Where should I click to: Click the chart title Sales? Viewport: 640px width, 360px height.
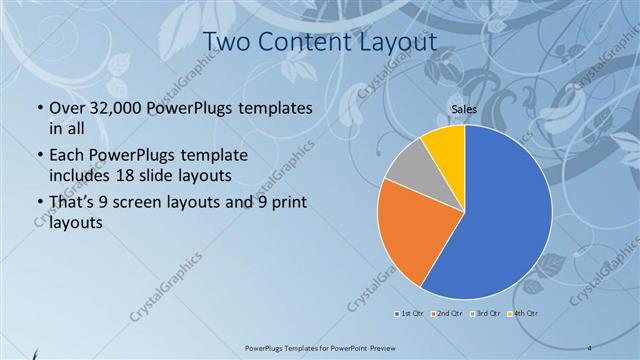pyautogui.click(x=464, y=109)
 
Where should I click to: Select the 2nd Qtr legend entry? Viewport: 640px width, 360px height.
pyautogui.click(x=452, y=314)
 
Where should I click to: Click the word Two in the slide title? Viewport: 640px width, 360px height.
pyautogui.click(x=227, y=43)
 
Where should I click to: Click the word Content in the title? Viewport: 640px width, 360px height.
pyautogui.click(x=306, y=43)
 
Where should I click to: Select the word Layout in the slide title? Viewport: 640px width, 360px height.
pyautogui.click(x=398, y=43)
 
